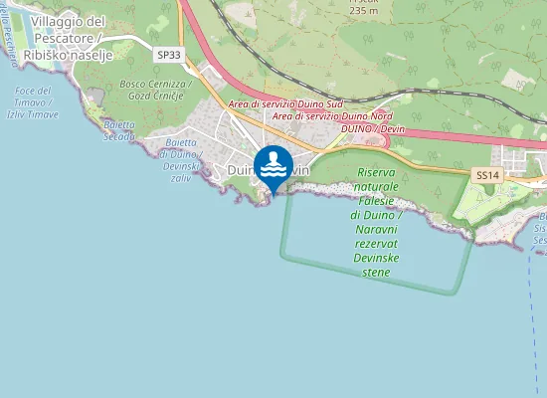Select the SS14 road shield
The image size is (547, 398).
[485, 175]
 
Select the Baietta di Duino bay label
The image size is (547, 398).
[180, 155]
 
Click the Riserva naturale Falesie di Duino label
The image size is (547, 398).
[377, 194]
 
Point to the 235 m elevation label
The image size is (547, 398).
[364, 11]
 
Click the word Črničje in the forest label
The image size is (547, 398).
[168, 96]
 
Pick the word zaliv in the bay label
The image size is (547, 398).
[178, 177]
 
